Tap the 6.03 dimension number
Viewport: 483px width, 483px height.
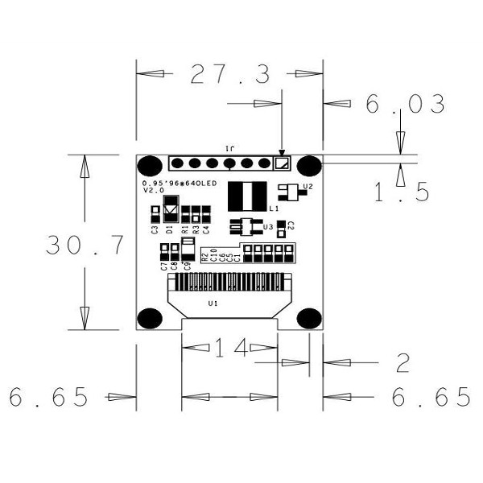click(x=405, y=105)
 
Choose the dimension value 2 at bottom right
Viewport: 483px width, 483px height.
click(x=402, y=364)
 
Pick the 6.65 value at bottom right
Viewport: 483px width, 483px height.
click(x=431, y=397)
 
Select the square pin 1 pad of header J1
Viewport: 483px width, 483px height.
click(x=281, y=163)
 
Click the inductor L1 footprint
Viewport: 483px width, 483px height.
click(x=247, y=196)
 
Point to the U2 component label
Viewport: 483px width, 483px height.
click(x=308, y=187)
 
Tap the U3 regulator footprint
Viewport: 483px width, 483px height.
click(x=246, y=227)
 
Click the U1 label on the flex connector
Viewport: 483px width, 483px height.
click(x=213, y=303)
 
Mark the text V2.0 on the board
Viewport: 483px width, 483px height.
click(x=154, y=191)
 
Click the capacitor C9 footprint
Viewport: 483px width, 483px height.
click(x=188, y=247)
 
